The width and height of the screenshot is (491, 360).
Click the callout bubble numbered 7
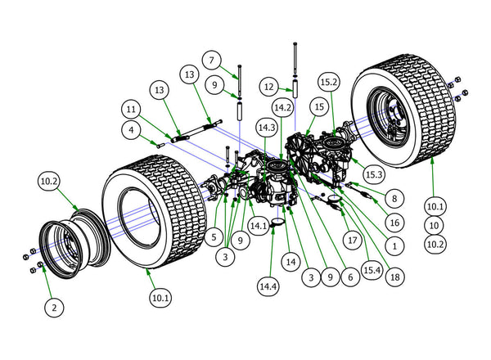pos(211,61)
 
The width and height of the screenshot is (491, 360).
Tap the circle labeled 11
pos(131,108)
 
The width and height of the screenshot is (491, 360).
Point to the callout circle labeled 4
pos(131,129)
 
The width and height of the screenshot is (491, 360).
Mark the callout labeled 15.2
pos(328,83)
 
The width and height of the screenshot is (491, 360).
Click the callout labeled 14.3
pos(265,128)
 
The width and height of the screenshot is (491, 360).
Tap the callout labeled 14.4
pos(267,287)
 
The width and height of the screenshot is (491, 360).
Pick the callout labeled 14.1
pos(259,225)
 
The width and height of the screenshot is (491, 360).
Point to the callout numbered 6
pos(350,277)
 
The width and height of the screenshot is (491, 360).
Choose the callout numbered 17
pos(353,241)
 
